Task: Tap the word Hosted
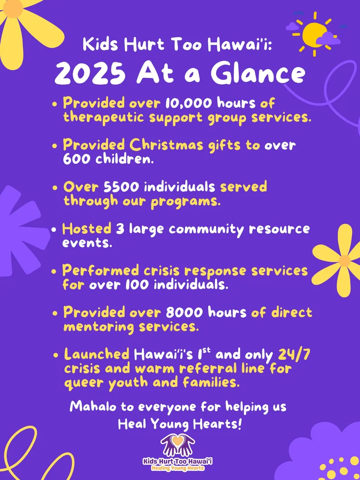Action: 86,229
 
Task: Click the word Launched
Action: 96,354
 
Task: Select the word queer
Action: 83,383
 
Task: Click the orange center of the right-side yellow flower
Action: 345,261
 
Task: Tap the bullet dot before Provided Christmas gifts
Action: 55,146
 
